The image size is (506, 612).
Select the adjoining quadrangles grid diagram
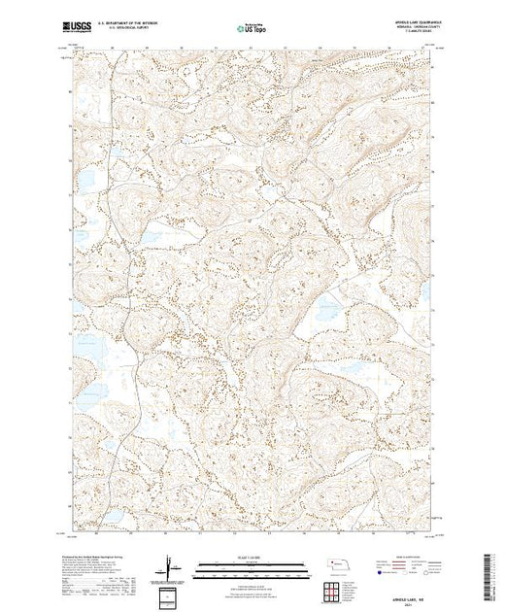pos(333,590)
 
